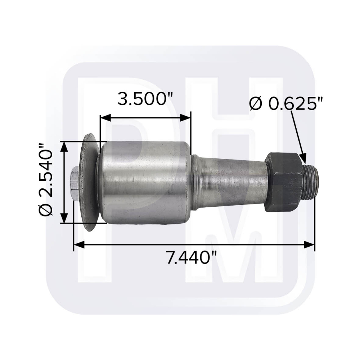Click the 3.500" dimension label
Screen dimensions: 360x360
click(145, 99)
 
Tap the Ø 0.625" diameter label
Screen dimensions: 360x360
click(286, 104)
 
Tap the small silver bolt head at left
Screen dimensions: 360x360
click(75, 184)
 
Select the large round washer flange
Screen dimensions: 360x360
click(91, 183)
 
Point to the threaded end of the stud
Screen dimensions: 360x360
click(310, 182)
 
